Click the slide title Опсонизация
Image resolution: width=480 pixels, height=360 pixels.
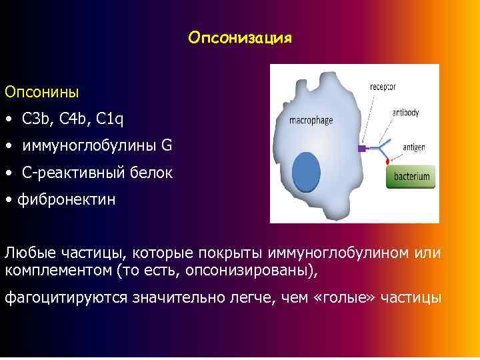click(240, 37)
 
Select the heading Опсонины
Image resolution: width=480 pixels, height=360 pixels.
click(41, 90)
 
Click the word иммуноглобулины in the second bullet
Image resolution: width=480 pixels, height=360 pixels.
click(89, 146)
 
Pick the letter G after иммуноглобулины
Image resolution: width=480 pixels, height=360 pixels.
click(167, 145)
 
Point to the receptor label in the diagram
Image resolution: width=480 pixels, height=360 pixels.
click(383, 87)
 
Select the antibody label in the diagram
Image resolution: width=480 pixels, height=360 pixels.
click(405, 113)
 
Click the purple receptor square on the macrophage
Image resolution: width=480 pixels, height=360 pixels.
click(362, 148)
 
